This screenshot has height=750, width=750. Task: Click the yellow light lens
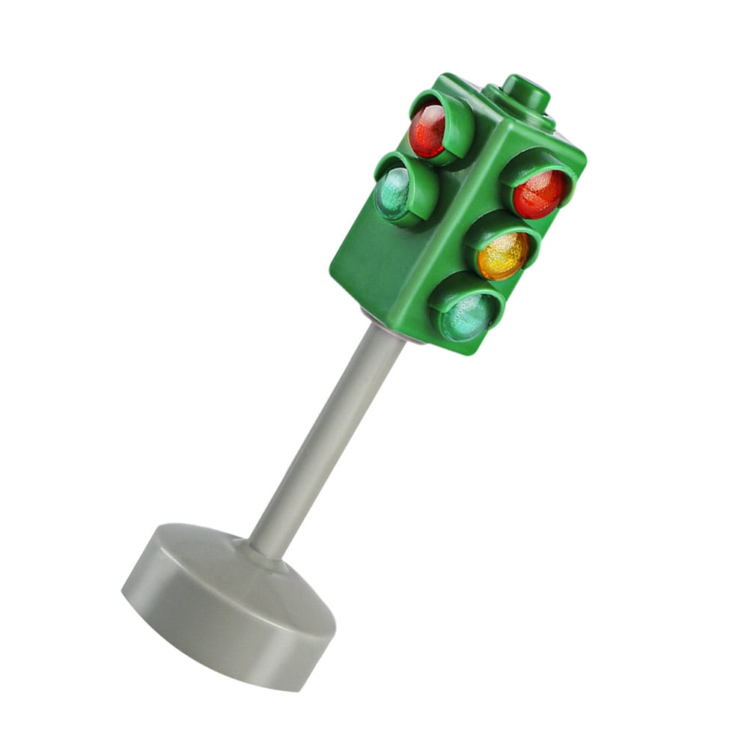tap(501, 257)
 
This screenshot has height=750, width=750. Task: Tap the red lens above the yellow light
tap(539, 194)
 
